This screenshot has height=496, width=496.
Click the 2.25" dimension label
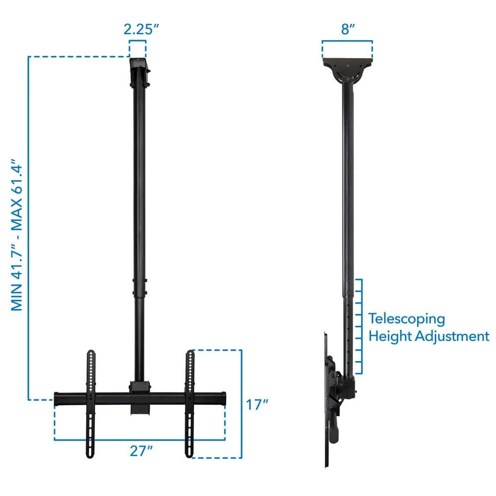pyautogui.click(x=141, y=29)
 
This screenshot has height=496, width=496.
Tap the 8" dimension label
pyautogui.click(x=348, y=29)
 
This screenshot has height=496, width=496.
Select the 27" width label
pyautogui.click(x=141, y=451)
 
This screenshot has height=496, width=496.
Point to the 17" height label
pyautogui.click(x=257, y=405)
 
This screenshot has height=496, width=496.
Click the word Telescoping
pyautogui.click(x=407, y=319)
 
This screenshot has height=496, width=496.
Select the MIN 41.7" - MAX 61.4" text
pyautogui.click(x=17, y=235)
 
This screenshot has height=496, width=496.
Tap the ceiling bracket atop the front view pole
pyautogui.click(x=139, y=72)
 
